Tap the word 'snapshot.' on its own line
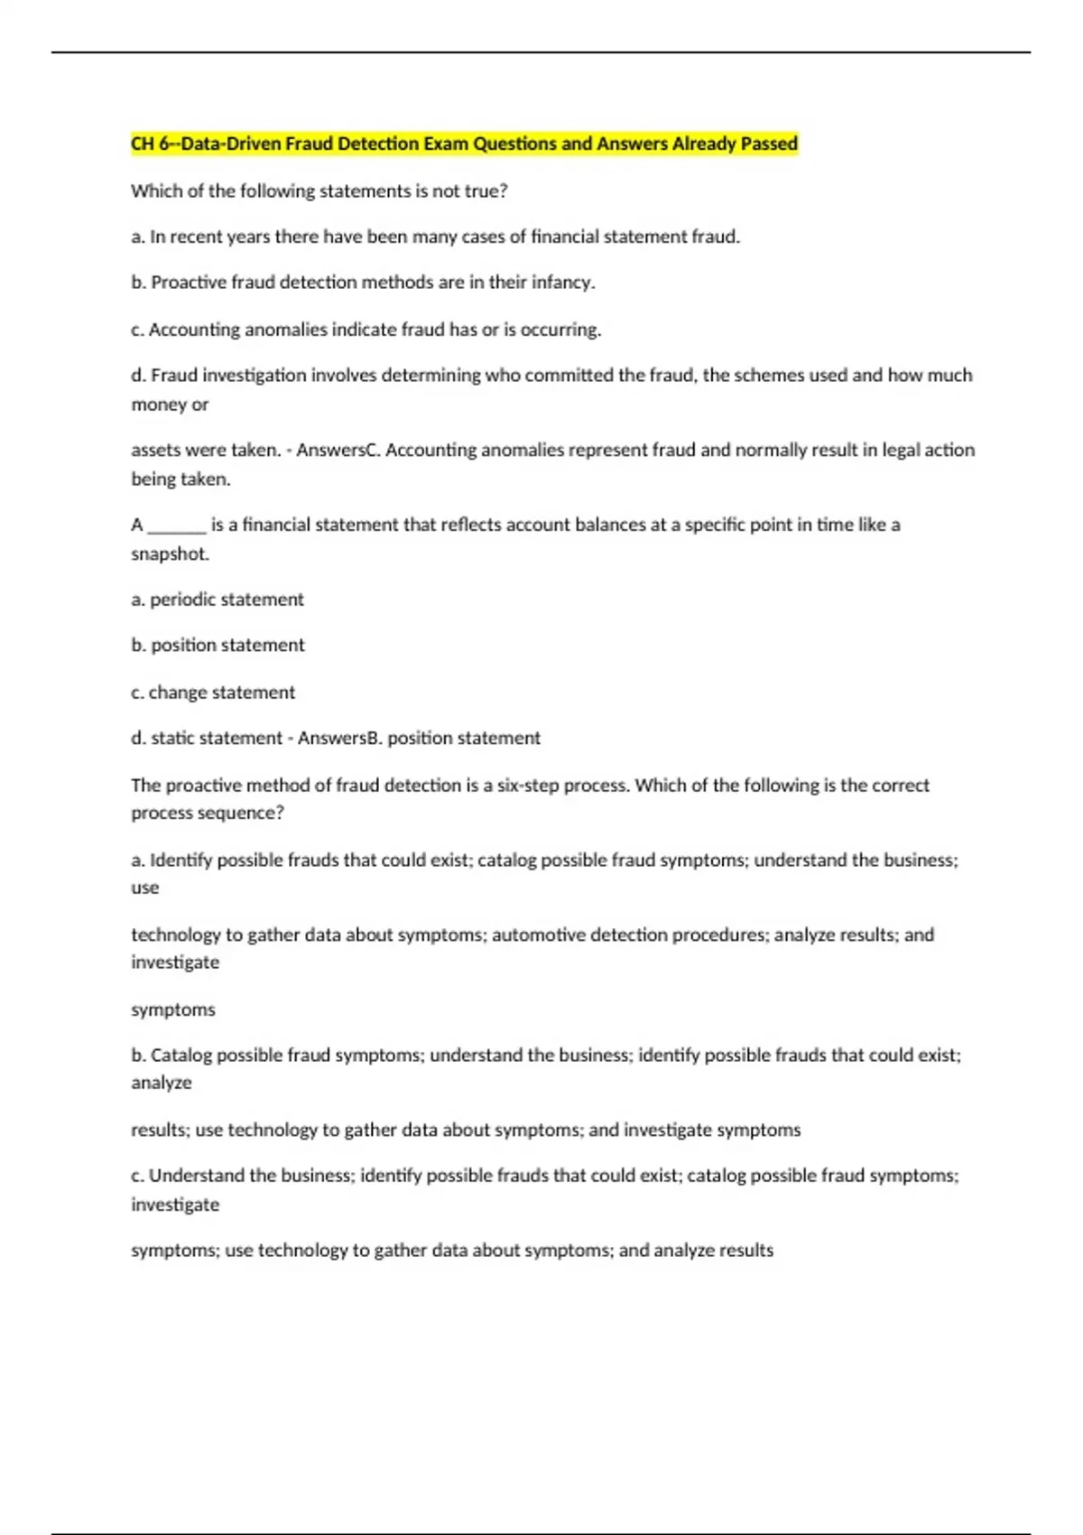(170, 554)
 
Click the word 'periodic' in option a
(182, 600)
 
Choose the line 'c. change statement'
(213, 693)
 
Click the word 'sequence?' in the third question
(246, 813)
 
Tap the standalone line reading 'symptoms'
(173, 1009)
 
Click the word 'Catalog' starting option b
(180, 1055)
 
